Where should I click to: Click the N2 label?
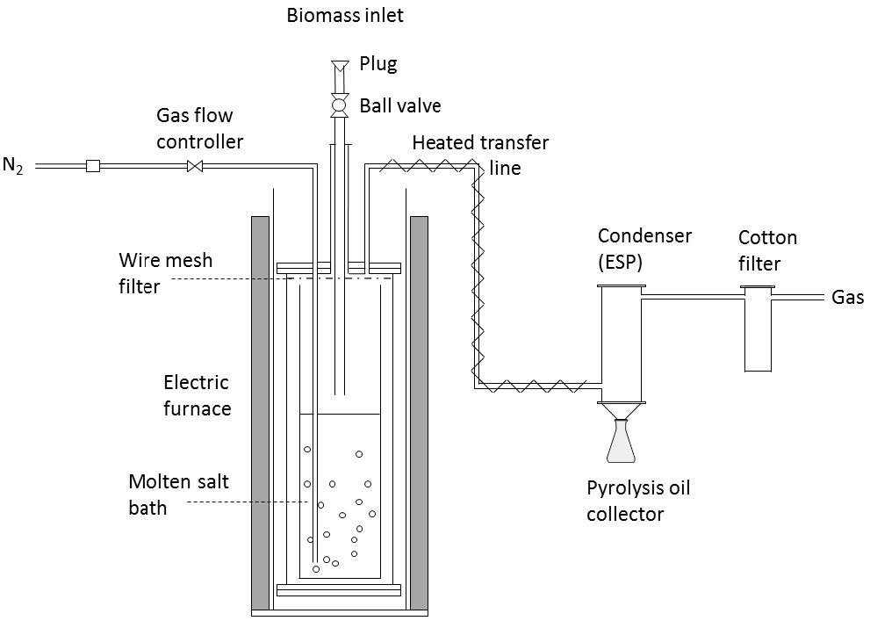click(13, 166)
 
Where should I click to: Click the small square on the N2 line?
click(92, 165)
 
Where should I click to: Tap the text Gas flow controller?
click(199, 128)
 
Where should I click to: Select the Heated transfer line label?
click(480, 154)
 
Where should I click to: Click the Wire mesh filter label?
click(166, 273)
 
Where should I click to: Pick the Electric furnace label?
click(197, 395)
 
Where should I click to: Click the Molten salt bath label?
click(178, 494)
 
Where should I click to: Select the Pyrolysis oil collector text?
click(638, 501)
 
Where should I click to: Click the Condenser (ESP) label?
click(644, 248)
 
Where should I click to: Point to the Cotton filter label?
click(767, 250)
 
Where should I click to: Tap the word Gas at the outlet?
click(847, 298)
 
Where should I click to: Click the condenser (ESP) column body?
click(622, 343)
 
